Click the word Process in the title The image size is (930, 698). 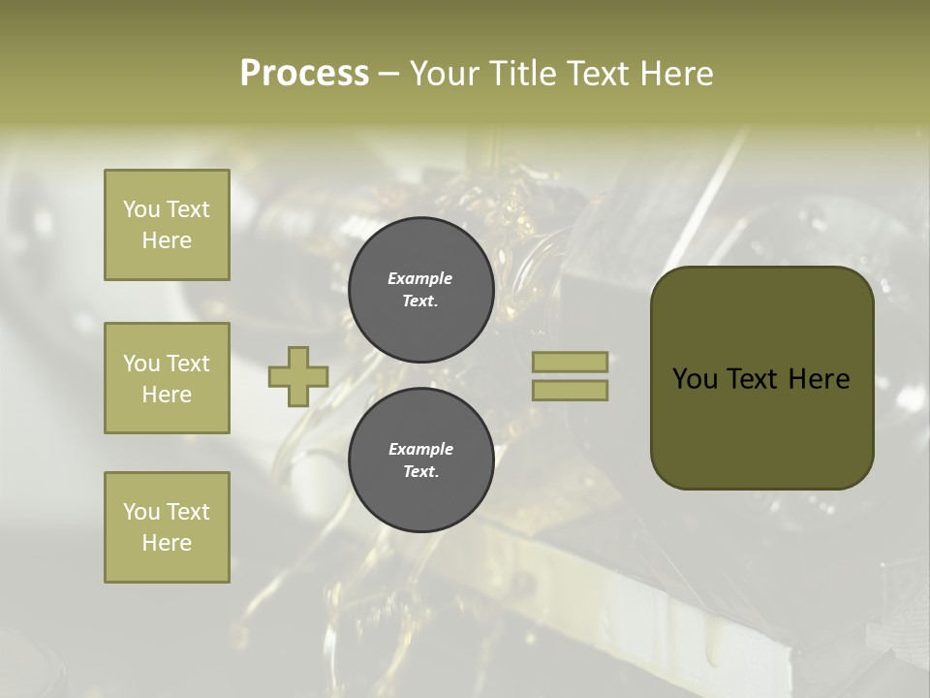pos(304,74)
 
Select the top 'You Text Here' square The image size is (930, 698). pos(167,225)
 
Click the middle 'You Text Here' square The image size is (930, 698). pos(167,378)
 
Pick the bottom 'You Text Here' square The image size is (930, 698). pos(167,527)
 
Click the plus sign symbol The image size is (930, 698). pos(298,376)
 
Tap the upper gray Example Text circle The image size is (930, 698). pos(420,290)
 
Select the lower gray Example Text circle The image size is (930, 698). pos(420,460)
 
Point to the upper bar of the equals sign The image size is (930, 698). pos(570,362)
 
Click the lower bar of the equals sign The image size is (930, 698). pos(570,390)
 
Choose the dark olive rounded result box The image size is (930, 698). pos(761,378)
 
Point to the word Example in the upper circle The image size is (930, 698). pos(420,278)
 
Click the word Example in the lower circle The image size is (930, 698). pos(420,449)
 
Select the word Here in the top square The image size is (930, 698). pos(167,240)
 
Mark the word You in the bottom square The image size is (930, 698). pos(141,512)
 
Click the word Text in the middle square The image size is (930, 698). pos(187,364)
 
